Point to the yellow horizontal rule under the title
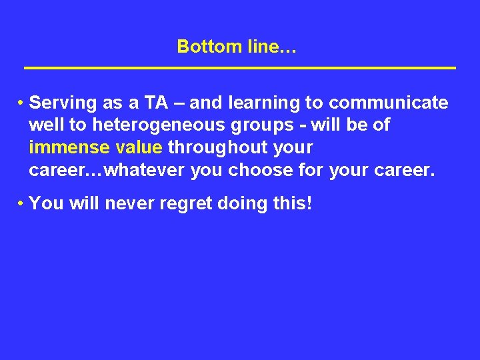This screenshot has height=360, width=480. click(239, 69)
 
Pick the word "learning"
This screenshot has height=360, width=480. click(264, 103)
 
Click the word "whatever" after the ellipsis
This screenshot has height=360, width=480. click(145, 170)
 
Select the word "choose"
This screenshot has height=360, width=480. click(260, 170)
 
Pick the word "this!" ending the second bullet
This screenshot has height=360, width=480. click(293, 203)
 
